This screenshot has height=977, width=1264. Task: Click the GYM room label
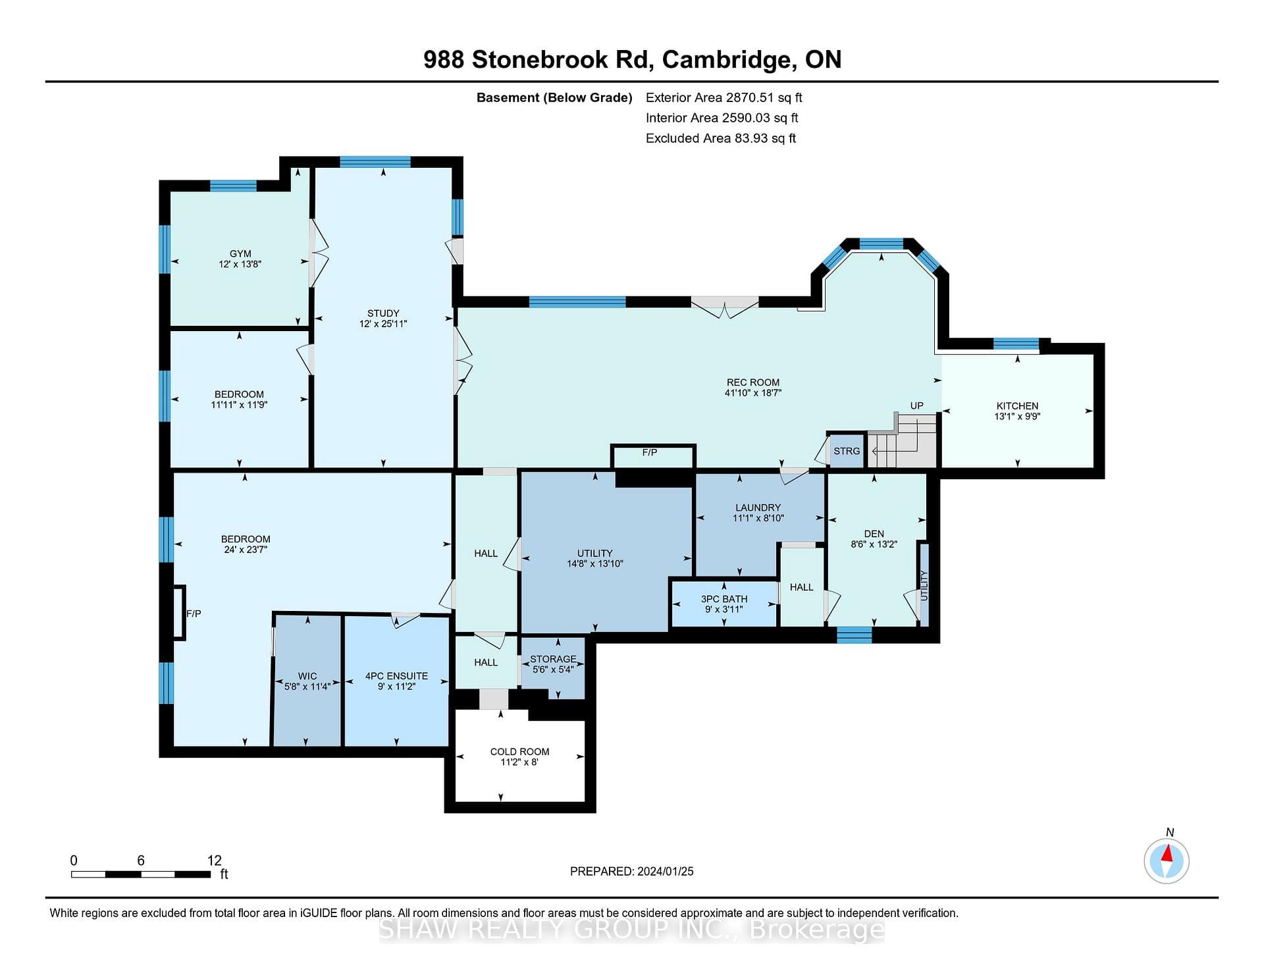point(240,253)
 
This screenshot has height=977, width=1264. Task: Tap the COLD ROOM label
point(519,752)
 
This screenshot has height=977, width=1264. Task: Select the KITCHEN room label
point(1017,406)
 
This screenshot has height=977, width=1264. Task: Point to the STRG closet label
point(847,451)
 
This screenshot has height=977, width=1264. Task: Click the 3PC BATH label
point(724,599)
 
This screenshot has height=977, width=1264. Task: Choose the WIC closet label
point(307,676)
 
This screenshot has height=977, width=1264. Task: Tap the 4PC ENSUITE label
point(396,676)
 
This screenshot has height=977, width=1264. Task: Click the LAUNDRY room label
point(758,508)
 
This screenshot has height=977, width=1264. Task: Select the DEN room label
point(874,534)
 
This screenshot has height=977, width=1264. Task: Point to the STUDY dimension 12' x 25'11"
point(383,324)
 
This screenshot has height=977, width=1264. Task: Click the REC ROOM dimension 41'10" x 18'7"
point(753,393)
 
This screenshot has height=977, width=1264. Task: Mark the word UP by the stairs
point(917,406)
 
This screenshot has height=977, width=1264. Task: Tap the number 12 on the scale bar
point(215,860)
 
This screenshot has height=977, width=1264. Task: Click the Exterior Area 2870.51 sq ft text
point(724,97)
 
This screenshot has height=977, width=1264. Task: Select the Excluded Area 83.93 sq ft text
point(721,138)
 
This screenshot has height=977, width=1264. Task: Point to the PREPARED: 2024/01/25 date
point(632,872)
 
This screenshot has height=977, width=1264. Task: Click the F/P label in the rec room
point(650,452)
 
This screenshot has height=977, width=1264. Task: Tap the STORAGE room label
point(553,659)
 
